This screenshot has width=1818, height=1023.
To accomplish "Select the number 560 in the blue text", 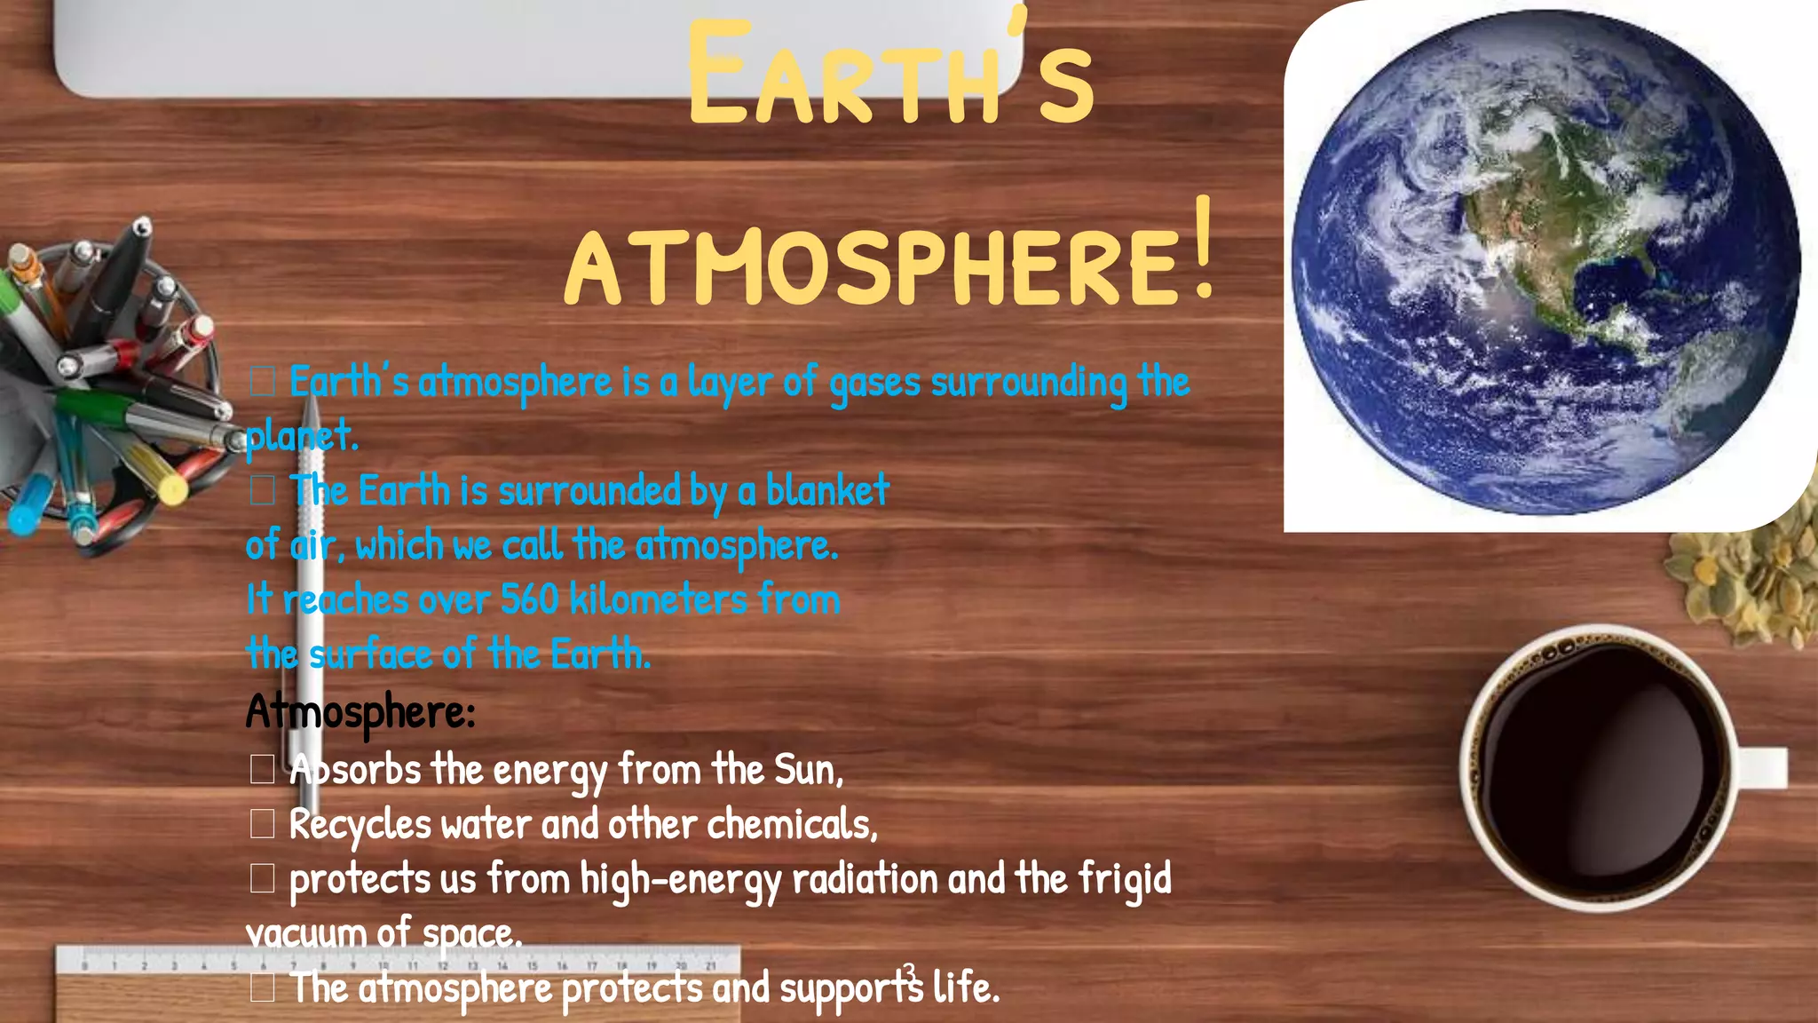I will pyautogui.click(x=529, y=599).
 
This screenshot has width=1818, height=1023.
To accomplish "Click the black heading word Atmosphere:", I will pyautogui.click(x=360, y=712).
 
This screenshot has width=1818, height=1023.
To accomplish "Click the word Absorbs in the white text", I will pyautogui.click(x=355, y=770).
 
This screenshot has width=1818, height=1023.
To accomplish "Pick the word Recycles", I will pyautogui.click(x=360, y=825).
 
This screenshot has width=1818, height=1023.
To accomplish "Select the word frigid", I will pyautogui.click(x=1125, y=879).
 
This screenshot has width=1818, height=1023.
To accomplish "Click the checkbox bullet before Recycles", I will pyautogui.click(x=262, y=824).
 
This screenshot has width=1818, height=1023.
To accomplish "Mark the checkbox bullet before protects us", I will pyautogui.click(x=262, y=878).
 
